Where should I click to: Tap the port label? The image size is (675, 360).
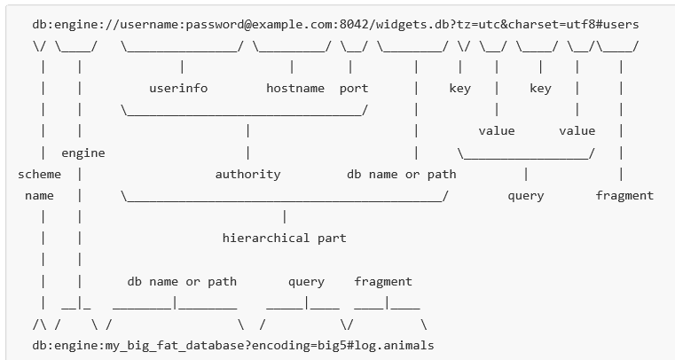click(x=353, y=88)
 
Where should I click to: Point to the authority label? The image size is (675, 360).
click(x=247, y=174)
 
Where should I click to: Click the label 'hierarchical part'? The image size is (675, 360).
click(x=284, y=238)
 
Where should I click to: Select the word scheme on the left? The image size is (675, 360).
click(x=40, y=174)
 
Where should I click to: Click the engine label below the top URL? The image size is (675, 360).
click(x=82, y=153)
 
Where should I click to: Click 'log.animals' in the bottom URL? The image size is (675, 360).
click(x=394, y=344)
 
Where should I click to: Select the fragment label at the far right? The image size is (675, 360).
click(x=624, y=195)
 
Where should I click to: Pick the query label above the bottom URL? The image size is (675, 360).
click(x=306, y=281)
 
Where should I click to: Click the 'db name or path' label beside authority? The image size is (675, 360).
click(x=401, y=174)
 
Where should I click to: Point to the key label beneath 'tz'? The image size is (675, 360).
click(x=459, y=88)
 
